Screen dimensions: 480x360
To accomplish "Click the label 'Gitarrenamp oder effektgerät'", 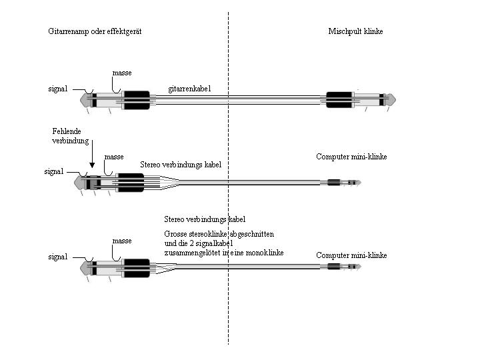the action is pos(95,31).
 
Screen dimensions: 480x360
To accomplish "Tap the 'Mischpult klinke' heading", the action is pos(355,31).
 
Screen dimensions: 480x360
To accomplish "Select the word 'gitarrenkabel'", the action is pos(189,89).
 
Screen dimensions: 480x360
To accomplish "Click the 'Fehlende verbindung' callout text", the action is pos(71,136).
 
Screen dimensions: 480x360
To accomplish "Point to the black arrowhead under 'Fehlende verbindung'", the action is pos(92,165).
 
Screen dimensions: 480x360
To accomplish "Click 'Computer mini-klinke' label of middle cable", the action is pos(351,157).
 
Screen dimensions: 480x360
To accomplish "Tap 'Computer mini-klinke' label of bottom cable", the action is pos(351,255).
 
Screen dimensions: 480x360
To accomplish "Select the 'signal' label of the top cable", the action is pos(58,89).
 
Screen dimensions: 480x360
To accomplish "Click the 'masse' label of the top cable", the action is pos(122,73).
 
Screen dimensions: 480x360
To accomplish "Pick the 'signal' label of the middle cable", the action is pos(54,171).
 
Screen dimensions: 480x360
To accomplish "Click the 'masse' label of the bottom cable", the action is pos(122,241).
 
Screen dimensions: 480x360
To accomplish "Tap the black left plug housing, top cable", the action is pos(136,100).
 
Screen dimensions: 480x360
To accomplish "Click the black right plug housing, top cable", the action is pos(339,100).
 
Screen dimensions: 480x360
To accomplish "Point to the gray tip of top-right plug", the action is pos(392,99).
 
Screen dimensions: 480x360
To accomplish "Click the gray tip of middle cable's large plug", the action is pos(78,183).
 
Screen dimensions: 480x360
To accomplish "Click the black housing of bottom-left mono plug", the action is pos(136,268).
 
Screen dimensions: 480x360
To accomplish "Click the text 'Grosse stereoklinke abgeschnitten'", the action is pos(219,234).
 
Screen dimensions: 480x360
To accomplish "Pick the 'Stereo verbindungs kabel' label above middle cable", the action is pos(181,165).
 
